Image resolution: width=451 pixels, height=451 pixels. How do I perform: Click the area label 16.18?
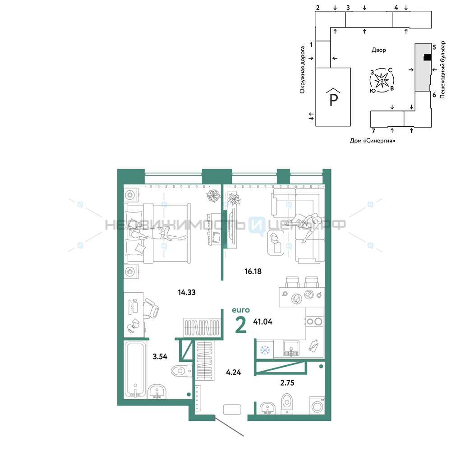point(253,271)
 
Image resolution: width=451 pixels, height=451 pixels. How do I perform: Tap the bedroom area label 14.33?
point(187,292)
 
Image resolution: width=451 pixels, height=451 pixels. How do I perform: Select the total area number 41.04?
point(262,322)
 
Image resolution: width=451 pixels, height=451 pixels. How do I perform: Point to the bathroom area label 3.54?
point(160,357)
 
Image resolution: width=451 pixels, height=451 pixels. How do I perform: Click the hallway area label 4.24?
point(233,372)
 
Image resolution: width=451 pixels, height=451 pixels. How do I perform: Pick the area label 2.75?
point(287,383)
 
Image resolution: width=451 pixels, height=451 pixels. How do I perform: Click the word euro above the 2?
point(241,310)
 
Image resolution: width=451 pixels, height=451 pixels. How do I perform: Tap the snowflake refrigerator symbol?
point(265,350)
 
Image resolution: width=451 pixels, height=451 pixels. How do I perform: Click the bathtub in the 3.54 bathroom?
point(135,370)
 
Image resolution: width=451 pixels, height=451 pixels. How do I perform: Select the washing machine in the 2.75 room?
point(317,405)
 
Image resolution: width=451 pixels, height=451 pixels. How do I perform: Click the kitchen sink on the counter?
point(291,348)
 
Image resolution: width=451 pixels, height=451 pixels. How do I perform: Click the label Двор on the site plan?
point(378,50)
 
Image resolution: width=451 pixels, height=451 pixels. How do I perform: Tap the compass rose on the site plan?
point(382,80)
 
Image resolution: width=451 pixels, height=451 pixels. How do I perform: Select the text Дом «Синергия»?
point(372,141)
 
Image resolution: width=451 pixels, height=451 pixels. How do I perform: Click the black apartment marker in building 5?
point(428,58)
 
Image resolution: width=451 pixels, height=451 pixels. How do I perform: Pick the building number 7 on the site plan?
point(373,131)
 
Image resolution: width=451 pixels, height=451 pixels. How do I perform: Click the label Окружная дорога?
point(302,70)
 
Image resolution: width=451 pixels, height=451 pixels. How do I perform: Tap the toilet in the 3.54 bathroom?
point(181,370)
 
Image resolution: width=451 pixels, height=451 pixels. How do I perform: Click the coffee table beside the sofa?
point(276,243)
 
